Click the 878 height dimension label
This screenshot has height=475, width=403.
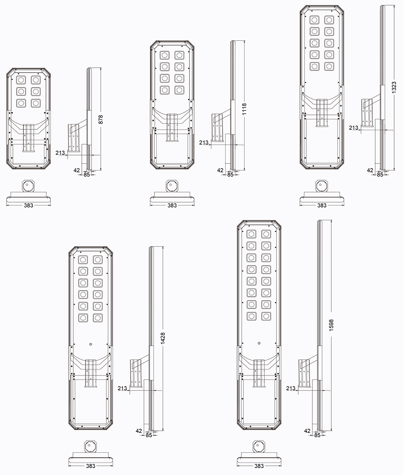(x=101, y=119)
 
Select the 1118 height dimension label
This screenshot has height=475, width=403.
(x=244, y=109)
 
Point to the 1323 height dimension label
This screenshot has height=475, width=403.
(x=394, y=87)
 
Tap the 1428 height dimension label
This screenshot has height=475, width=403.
(x=163, y=338)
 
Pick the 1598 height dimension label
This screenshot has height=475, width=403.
(x=331, y=325)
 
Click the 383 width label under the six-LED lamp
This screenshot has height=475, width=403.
(x=29, y=205)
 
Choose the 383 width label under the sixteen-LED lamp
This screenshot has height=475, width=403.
(x=259, y=466)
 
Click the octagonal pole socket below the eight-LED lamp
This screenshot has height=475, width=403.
(x=172, y=186)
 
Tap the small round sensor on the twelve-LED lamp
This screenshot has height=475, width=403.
(x=91, y=344)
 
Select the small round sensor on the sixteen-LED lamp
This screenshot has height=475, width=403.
(x=259, y=343)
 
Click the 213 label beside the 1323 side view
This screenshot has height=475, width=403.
(x=353, y=128)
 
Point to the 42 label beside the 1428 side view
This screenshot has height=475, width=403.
(x=139, y=431)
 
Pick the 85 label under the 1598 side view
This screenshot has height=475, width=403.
(x=317, y=435)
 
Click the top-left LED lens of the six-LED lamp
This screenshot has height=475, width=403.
(x=21, y=80)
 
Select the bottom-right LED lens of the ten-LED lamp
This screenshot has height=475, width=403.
(x=329, y=66)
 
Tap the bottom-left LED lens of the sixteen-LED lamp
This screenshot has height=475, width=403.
(x=251, y=316)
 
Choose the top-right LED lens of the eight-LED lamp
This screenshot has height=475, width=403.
(x=179, y=55)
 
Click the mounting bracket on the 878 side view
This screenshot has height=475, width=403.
(x=74, y=138)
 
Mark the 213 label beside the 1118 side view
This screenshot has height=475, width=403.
(x=204, y=142)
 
